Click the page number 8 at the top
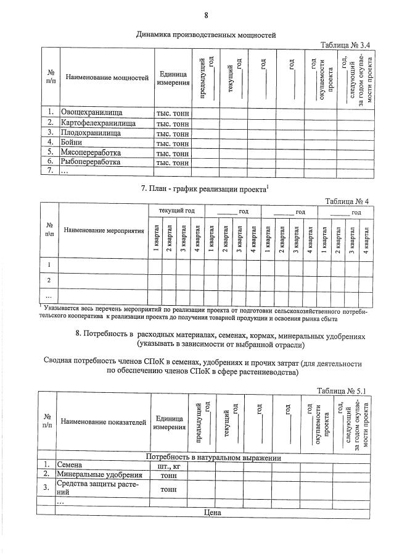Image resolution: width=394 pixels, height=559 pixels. click(206, 15)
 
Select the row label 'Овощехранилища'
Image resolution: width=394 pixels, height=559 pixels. click(91, 113)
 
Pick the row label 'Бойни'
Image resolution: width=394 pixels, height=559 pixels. click(72, 143)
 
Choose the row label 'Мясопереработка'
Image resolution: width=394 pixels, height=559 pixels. click(91, 153)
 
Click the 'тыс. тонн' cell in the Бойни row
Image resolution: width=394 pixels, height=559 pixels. click(173, 143)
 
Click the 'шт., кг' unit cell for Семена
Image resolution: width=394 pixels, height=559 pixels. click(169, 465)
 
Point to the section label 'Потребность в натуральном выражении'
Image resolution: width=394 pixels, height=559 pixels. click(213, 457)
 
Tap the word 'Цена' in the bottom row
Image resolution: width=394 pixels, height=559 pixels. click(212, 511)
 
